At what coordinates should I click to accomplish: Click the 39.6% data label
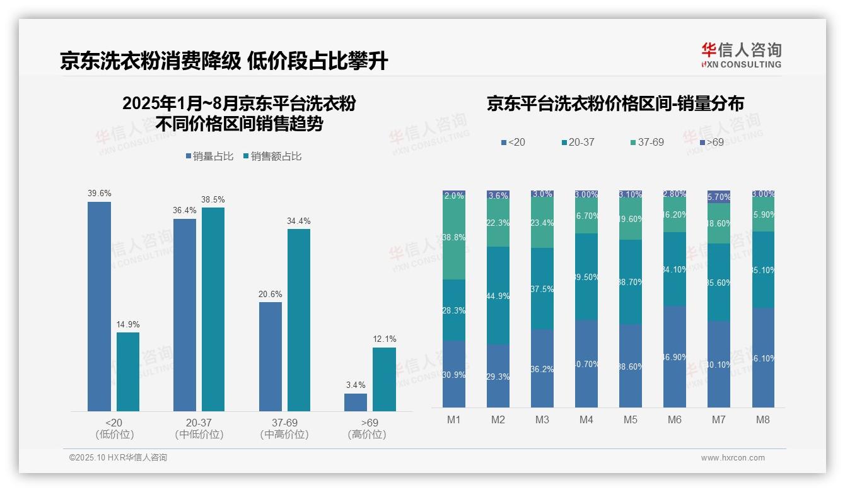[99, 194]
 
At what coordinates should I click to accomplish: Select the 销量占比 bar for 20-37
[185, 315]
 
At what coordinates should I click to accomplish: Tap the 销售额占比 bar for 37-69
[299, 320]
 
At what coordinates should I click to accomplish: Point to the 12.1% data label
[384, 339]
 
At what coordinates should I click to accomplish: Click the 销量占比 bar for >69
[356, 402]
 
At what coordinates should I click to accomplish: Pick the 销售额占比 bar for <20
[128, 372]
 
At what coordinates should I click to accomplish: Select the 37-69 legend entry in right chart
[647, 143]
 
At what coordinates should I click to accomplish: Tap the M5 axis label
[631, 420]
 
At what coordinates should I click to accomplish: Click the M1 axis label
[454, 420]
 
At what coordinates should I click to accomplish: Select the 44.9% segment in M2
[498, 295]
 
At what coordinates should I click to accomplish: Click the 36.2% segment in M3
[542, 368]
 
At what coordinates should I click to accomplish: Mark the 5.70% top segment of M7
[719, 197]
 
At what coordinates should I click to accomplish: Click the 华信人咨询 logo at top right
[741, 55]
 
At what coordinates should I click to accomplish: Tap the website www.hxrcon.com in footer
[733, 458]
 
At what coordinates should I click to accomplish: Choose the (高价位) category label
[366, 435]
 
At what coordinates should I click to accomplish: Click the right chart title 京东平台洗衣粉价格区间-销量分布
[615, 103]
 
